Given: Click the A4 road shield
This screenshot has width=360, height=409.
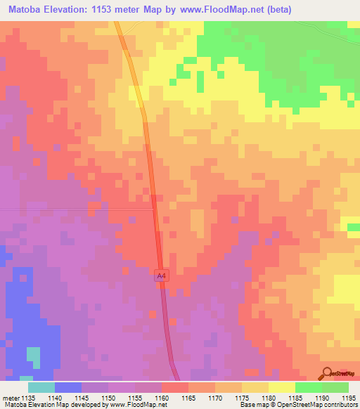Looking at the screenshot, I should (x=161, y=278).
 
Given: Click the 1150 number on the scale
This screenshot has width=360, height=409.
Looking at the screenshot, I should (x=110, y=397).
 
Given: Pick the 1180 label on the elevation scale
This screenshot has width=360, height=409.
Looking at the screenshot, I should (x=268, y=397).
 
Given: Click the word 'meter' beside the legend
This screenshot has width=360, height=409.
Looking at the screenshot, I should (x=11, y=397).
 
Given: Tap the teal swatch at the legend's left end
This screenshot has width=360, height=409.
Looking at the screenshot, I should (x=41, y=387).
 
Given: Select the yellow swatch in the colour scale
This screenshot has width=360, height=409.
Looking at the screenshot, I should (x=281, y=387).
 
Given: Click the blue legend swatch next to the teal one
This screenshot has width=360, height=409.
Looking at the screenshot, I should (x=68, y=387).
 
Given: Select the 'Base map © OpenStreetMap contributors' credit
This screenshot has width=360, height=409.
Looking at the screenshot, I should (x=297, y=405).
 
